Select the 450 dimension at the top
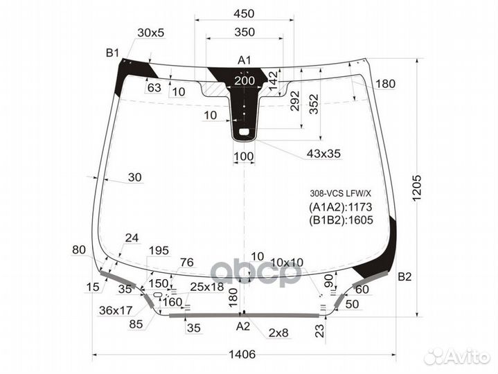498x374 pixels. [x=244, y=13]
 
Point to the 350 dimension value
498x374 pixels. [x=244, y=32]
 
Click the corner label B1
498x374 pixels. [x=112, y=53]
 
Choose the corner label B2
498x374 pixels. [x=404, y=277]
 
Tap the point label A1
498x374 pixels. [x=244, y=60]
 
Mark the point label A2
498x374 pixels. [x=243, y=326]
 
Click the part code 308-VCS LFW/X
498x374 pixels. [x=341, y=193]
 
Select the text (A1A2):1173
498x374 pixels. [x=341, y=207]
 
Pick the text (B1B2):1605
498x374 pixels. [x=341, y=220]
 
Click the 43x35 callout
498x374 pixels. [x=323, y=154]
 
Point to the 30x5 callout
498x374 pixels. [x=151, y=33]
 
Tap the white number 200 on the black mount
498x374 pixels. [x=244, y=80]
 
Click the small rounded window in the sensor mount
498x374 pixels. [x=244, y=132]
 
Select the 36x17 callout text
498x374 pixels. [x=116, y=310]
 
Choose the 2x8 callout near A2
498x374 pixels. [x=278, y=332]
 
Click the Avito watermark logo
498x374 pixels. [x=456, y=357]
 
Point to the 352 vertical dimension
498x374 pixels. [x=314, y=104]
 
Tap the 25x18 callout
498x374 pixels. [x=207, y=287]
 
